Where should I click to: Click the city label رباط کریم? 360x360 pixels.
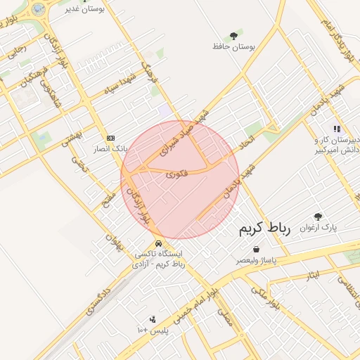(x=264, y=229)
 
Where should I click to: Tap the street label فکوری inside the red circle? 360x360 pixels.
(x=176, y=172)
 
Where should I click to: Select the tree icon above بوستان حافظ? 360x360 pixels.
(x=233, y=34)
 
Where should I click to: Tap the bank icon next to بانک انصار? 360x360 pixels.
(x=110, y=138)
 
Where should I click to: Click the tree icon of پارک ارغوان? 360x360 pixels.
(x=318, y=217)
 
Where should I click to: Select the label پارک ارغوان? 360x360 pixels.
(x=319, y=229)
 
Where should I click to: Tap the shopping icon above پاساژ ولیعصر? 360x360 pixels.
(x=256, y=249)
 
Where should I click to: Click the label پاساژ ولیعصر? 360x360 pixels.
(x=257, y=260)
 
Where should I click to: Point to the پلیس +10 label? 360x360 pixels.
(x=151, y=330)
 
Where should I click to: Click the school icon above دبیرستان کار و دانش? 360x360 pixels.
(x=337, y=129)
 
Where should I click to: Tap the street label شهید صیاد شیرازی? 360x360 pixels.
(x=180, y=132)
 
